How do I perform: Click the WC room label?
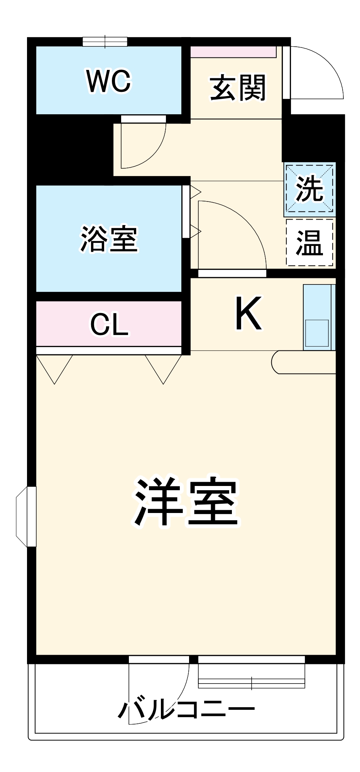109,81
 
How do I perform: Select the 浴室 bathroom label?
109,239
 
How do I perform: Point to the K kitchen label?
248,313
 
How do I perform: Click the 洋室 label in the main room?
187,501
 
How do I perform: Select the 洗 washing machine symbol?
309,189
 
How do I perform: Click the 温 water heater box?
309,242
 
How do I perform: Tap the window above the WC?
105,42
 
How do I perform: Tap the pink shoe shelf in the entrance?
233,52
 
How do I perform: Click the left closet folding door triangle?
54,367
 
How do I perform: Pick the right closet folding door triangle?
163,367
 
